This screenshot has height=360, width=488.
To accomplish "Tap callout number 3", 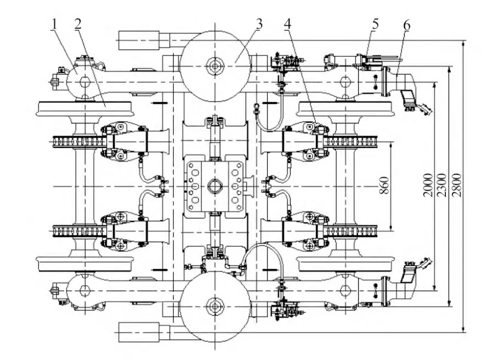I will [x=259, y=24].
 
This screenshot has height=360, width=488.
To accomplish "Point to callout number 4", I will [x=289, y=24].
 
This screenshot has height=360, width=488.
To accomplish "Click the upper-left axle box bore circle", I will [x=84, y=82].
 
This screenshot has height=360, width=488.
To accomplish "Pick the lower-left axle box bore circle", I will [x=84, y=290].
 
